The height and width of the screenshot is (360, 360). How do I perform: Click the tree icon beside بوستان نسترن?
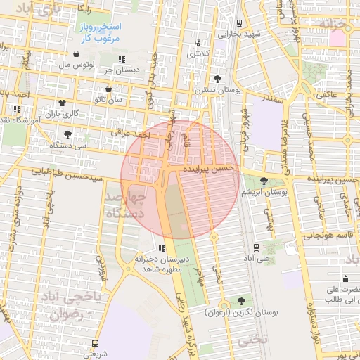[217, 79]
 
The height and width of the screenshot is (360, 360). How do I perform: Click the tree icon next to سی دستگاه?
[67, 134]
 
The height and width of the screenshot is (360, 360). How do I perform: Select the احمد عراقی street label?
[131, 133]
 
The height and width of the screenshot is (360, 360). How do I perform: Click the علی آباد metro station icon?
[255, 247]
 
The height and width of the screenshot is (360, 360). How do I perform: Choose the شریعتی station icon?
[95, 343]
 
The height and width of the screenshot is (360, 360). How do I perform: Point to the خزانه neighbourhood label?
[335, 25]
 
